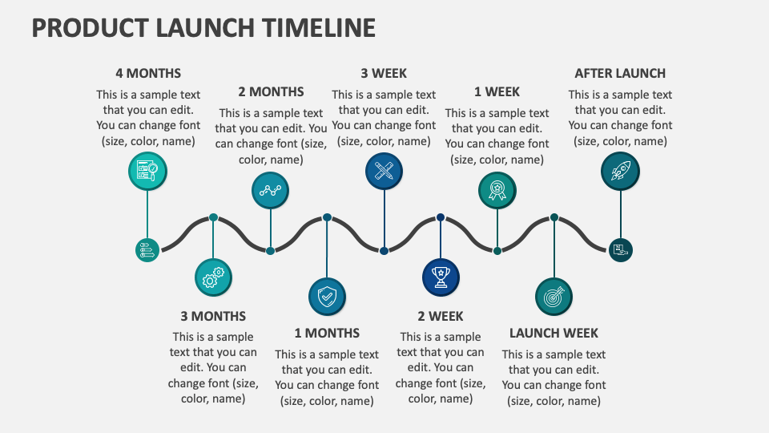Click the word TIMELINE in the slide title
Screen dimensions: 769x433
(318, 27)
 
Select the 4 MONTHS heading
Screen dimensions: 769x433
(148, 73)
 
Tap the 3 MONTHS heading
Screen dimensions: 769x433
(213, 316)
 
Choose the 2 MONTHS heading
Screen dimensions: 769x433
(271, 91)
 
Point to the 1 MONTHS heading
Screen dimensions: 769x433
(327, 334)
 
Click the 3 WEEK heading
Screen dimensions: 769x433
(384, 73)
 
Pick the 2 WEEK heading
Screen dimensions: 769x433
(441, 316)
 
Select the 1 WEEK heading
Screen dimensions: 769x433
(497, 91)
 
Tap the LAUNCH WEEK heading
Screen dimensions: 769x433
(554, 334)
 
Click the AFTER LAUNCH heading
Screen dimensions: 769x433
(620, 73)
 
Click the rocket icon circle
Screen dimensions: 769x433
(620, 171)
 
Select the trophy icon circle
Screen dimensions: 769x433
(441, 277)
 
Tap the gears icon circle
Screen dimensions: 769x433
(213, 277)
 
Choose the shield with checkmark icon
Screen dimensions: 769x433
(327, 297)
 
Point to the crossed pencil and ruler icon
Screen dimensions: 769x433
(384, 171)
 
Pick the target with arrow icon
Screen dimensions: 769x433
(554, 297)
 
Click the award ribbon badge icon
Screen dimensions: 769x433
(497, 191)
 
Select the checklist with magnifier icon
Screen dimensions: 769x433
(147, 171)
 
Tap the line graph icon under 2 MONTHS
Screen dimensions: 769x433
(270, 191)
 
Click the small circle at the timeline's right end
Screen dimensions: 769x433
(620, 250)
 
